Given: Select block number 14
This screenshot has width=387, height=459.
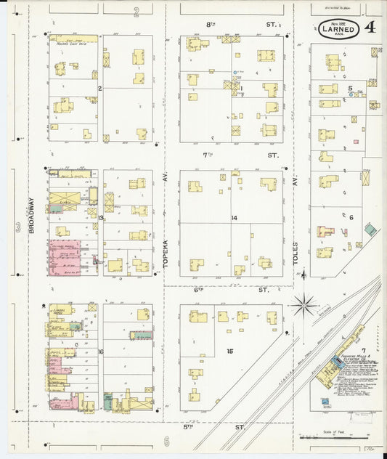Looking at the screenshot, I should pyautogui.click(x=234, y=218).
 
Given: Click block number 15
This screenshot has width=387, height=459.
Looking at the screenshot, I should pyautogui.click(x=229, y=352).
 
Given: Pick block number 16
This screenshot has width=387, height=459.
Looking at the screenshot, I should pyautogui.click(x=101, y=352).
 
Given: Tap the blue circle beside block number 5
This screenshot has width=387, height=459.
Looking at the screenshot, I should pyautogui.click(x=352, y=95).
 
